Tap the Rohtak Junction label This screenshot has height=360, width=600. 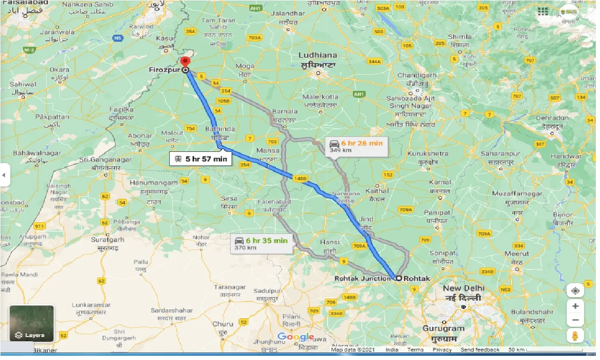(x=362, y=278)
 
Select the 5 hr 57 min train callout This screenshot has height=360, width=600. (x=201, y=159)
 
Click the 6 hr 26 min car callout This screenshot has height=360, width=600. (x=356, y=146)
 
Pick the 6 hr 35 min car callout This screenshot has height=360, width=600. (x=261, y=244)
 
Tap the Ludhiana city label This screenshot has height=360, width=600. (x=318, y=55)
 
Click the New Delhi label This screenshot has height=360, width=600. (x=464, y=288)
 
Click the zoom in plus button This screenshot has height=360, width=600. (x=575, y=307)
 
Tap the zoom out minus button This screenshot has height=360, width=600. (x=575, y=321)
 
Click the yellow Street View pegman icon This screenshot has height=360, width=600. (x=575, y=336)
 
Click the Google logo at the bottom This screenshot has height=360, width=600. (x=295, y=337)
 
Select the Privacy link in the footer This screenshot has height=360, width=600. (x=442, y=350)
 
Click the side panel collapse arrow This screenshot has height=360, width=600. (x=4, y=175)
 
